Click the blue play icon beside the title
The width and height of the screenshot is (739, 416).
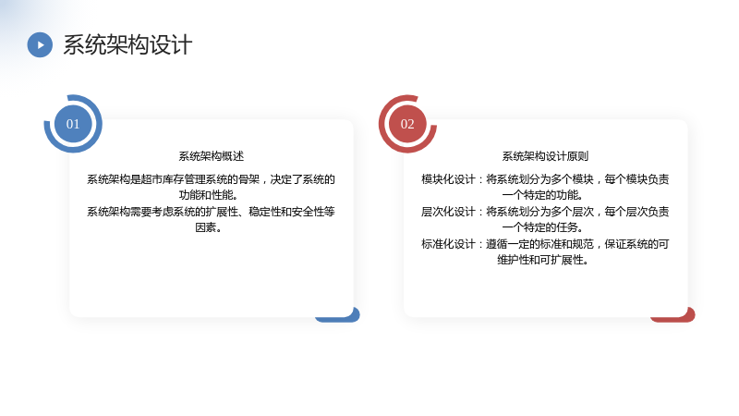point(40,44)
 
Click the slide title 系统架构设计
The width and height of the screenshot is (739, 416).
point(127,45)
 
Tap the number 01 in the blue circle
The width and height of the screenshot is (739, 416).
point(73,124)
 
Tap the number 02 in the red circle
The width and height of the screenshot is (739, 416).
point(407,124)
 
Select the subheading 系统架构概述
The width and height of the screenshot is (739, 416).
point(212,156)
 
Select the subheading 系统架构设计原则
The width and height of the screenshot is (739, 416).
point(545,156)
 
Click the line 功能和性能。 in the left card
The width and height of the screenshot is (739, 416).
point(209,195)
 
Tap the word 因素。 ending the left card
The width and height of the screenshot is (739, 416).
point(209,227)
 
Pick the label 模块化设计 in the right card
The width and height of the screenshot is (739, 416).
point(448,179)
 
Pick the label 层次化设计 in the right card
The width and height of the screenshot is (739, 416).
point(448,212)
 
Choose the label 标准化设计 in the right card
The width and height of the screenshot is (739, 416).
point(448,244)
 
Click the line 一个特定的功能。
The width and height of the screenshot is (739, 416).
point(543,195)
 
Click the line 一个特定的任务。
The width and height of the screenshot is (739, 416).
point(543,227)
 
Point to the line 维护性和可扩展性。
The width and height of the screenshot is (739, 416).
point(543,260)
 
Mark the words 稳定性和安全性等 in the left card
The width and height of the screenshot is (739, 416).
point(292,212)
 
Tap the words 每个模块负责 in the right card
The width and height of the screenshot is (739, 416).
point(636,179)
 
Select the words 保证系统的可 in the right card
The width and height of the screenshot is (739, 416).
point(636,244)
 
